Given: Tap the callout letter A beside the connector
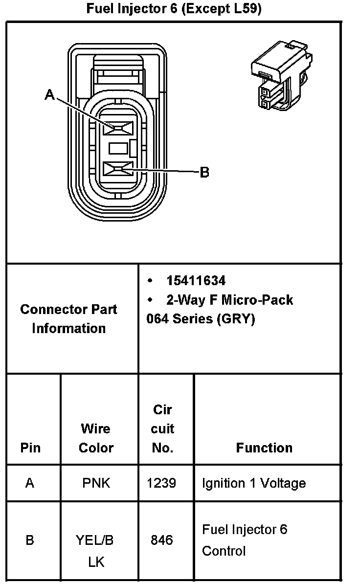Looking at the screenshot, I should pos(49,94).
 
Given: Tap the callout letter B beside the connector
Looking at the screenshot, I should pos(204,172).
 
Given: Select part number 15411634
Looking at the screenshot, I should pos(196,281).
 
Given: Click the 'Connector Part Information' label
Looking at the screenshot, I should pos(68,318).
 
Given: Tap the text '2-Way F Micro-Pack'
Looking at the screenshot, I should pos(229,299).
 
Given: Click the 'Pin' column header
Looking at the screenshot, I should pos(30,448).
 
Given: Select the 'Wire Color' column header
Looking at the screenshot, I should pos(96,438).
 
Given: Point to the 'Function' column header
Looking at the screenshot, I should pos(264,448).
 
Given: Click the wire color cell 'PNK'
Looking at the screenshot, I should pos(96,483).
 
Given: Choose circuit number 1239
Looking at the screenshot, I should pos(161,483).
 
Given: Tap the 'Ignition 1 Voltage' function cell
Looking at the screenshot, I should pos(254,483).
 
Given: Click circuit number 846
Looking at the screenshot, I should pos(161,540).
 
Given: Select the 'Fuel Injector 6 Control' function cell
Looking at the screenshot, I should pos(245,540).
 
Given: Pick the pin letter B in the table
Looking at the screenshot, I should pos(30,540).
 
